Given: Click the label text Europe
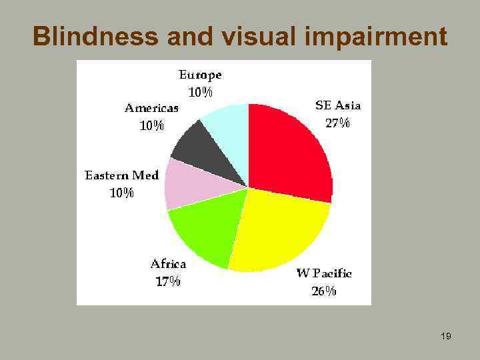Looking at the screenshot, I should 200,75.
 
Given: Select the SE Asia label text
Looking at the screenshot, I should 337,105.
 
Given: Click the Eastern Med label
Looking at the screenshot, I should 122,175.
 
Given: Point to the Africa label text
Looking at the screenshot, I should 168,263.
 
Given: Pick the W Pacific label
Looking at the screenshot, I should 324,273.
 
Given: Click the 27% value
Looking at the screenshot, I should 337,123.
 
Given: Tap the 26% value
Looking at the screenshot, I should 324,291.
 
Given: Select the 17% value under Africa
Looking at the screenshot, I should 168,281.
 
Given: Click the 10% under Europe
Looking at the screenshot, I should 200,93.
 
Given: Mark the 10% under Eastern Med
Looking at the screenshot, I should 122,193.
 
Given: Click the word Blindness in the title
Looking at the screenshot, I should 96,37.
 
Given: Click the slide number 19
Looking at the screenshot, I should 446,337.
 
